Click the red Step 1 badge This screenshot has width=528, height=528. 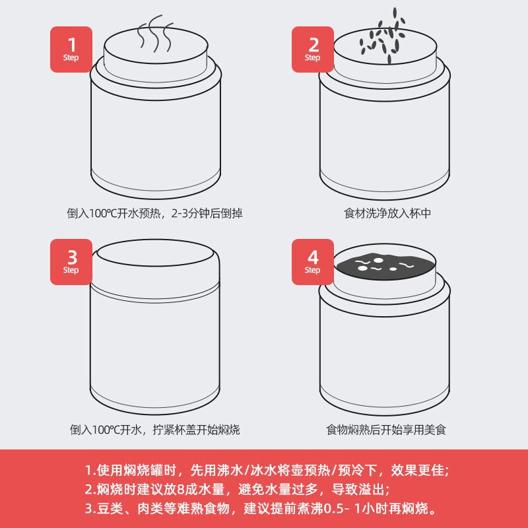click(x=71, y=49)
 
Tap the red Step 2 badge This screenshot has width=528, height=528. click(x=312, y=49)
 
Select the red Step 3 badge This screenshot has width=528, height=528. click(x=71, y=262)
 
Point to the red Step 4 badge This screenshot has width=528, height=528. click(x=312, y=262)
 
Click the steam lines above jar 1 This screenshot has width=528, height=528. click(x=155, y=34)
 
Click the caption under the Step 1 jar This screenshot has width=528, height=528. click(x=154, y=213)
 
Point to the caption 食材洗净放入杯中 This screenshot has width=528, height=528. click(x=387, y=213)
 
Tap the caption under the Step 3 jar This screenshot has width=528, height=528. click(x=154, y=430)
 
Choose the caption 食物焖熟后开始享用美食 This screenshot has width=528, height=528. click(x=386, y=430)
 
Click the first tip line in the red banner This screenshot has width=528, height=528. click(x=267, y=471)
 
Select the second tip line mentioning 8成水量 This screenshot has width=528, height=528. click(x=237, y=489)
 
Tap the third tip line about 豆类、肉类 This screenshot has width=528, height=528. click(x=261, y=508)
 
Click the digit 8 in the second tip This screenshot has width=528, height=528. click(x=180, y=490)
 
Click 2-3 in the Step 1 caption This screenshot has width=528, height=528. click(x=180, y=213)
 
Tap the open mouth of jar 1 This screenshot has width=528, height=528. click(x=156, y=45)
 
